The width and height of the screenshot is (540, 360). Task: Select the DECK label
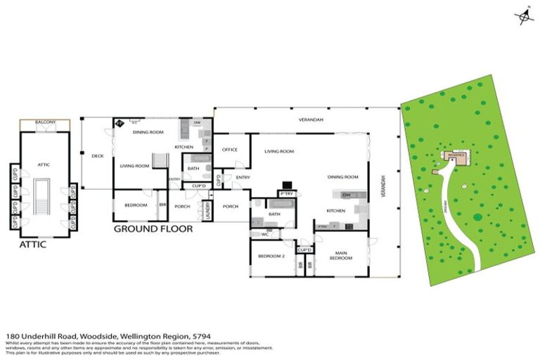click(98, 156)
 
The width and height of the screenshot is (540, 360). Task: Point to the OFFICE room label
click(230, 150)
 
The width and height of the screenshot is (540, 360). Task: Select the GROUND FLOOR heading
click(153, 228)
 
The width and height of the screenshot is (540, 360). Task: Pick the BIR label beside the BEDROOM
click(162, 205)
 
